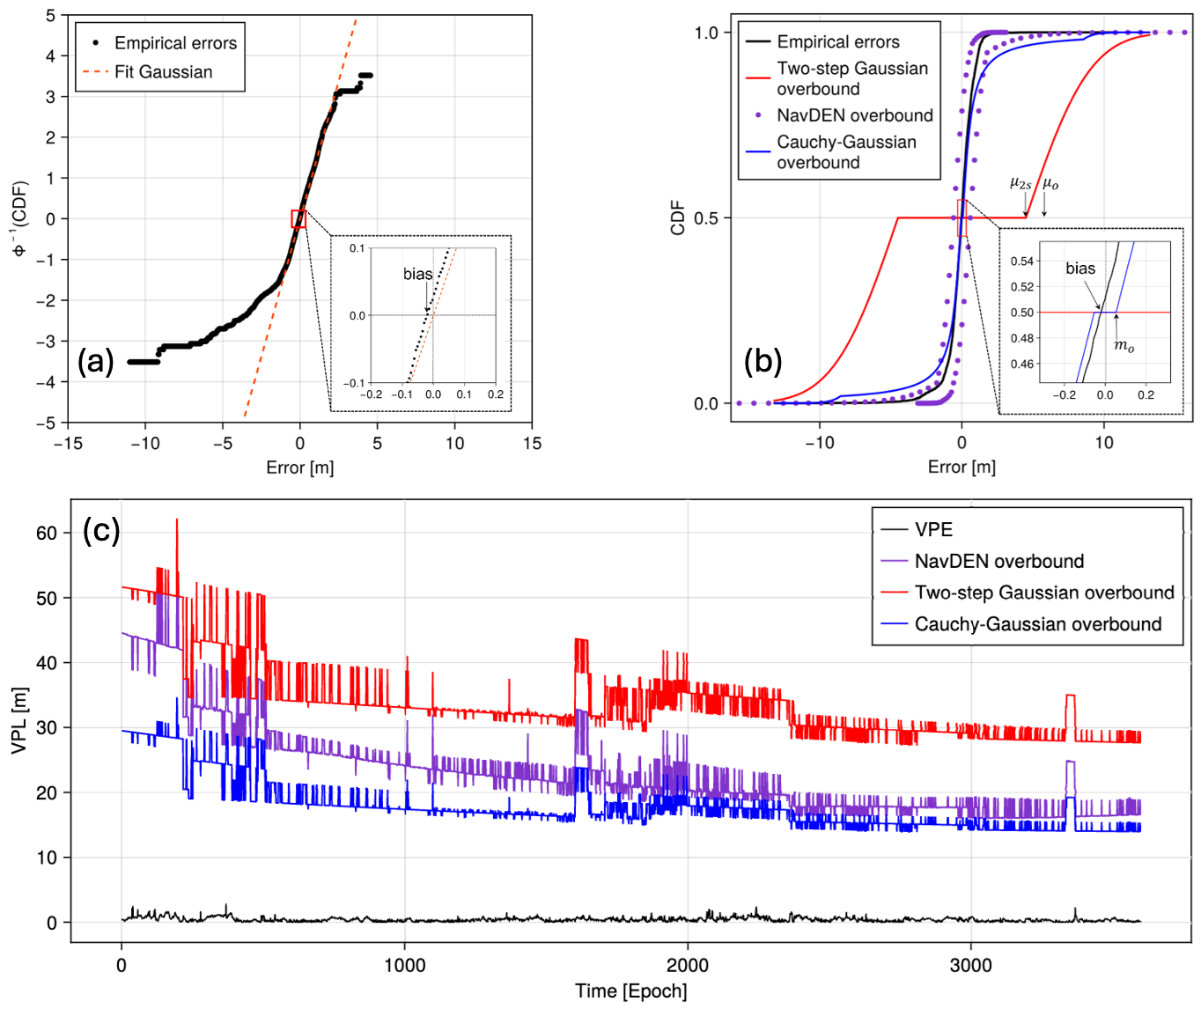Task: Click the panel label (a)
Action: click(96, 362)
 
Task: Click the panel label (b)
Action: click(763, 362)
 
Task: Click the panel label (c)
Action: click(101, 530)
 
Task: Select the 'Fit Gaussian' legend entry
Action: click(163, 72)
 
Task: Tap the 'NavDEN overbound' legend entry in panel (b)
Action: click(854, 115)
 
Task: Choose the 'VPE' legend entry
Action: click(933, 529)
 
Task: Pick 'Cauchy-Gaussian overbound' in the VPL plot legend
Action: click(1037, 624)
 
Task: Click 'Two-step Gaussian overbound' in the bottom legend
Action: click(1043, 593)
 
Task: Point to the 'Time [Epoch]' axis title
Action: click(630, 991)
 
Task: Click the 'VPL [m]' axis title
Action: click(18, 720)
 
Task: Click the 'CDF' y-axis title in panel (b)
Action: click(677, 218)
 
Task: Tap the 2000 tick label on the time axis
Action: click(687, 965)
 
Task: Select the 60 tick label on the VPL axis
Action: click(47, 533)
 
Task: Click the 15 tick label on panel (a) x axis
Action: click(532, 444)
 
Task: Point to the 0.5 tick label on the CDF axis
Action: click(706, 218)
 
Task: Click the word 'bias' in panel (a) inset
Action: click(417, 274)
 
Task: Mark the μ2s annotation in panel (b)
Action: click(1020, 184)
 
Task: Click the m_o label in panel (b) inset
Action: click(1124, 346)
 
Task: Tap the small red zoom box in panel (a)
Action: click(298, 219)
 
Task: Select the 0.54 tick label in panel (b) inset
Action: click(1021, 261)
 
